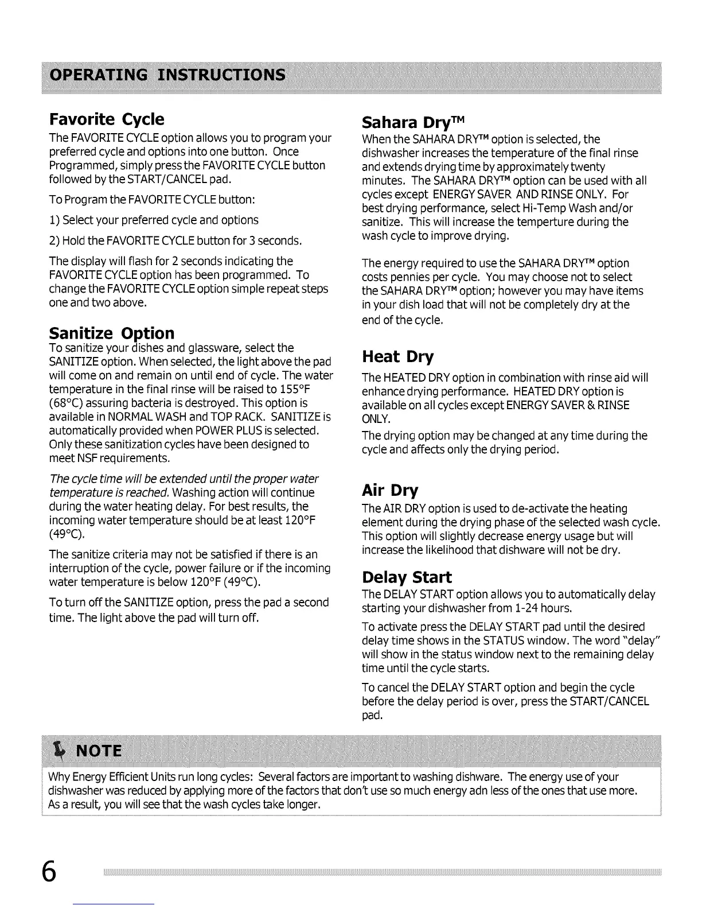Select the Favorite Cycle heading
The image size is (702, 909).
coord(107,119)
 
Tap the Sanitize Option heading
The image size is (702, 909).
coord(112,333)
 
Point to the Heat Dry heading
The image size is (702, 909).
coord(397,357)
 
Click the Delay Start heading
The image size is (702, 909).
coord(407,577)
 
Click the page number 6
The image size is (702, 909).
coord(50,872)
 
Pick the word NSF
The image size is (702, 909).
coord(84,459)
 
